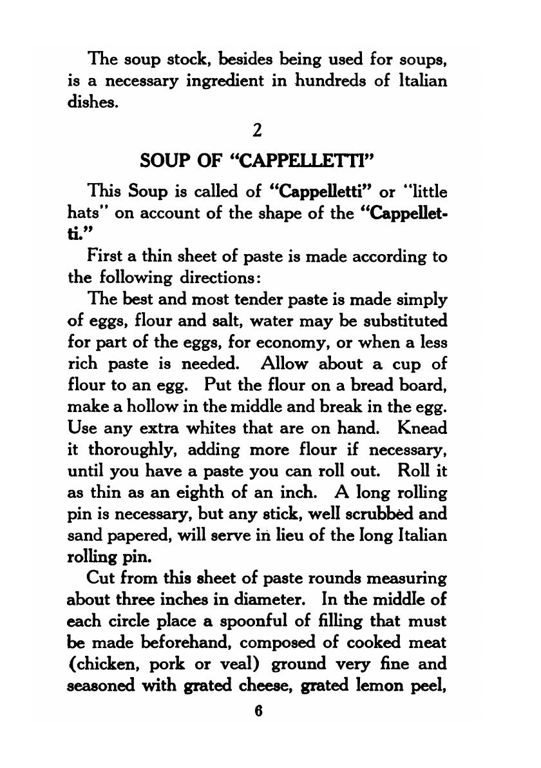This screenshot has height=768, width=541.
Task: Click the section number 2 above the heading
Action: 257,131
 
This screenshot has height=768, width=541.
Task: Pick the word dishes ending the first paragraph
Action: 91,101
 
